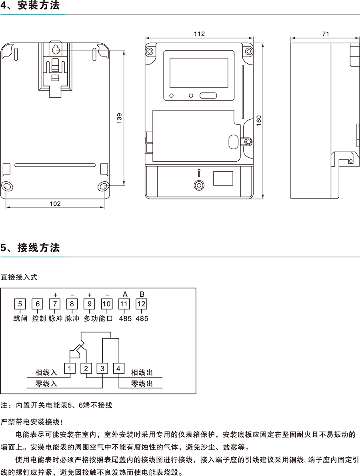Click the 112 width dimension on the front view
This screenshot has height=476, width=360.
coord(199,34)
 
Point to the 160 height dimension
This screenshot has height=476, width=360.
coord(259,119)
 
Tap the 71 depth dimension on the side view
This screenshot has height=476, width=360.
coord(325,34)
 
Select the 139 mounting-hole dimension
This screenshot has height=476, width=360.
coord(119,118)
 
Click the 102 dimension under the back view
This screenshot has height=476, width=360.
coord(55,203)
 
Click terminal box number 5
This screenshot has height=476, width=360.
coord(20,304)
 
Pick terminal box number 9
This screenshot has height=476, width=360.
coord(89,304)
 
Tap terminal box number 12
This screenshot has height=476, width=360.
coord(141,304)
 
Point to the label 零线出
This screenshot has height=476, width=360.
coord(142,384)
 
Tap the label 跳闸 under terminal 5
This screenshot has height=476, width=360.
coord(20,319)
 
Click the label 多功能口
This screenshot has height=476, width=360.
coord(98,319)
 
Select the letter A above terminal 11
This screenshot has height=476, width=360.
coord(124,294)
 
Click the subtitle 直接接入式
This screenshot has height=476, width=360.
coord(19,277)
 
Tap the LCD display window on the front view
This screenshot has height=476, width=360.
coord(199,73)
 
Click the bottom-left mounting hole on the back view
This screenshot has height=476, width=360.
coord(8,187)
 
